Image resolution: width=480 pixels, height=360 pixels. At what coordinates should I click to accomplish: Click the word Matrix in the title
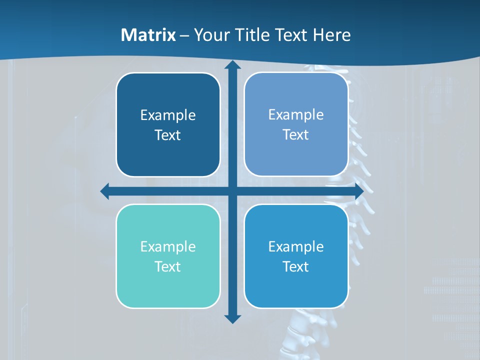[148, 35]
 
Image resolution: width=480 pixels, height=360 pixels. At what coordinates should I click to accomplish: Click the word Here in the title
[331, 35]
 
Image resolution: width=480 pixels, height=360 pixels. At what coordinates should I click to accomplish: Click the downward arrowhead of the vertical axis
[232, 318]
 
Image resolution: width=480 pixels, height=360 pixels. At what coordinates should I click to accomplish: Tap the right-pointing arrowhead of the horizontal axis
[358, 191]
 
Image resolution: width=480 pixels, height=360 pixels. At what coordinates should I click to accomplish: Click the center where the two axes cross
[232, 191]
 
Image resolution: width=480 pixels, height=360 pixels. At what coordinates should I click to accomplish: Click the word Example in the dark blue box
[168, 115]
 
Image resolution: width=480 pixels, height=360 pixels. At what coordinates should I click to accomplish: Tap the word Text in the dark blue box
[168, 135]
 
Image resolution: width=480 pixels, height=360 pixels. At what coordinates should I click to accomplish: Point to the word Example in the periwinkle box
[296, 115]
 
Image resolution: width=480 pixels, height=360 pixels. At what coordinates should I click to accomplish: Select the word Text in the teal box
[168, 266]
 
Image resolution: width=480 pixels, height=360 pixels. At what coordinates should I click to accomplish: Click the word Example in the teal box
[168, 247]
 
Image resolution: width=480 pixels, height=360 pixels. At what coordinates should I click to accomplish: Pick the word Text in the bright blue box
[296, 266]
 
